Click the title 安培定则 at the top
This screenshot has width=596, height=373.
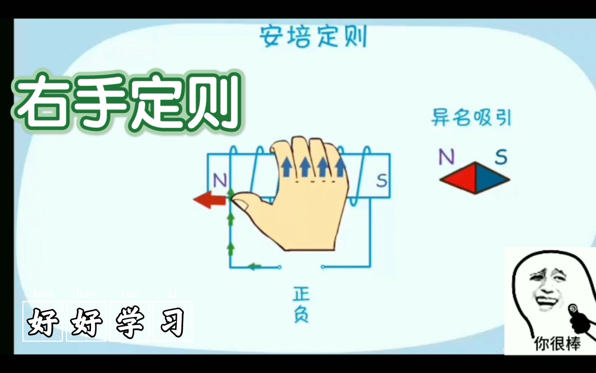click(x=313, y=36)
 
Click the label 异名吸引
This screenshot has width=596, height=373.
click(x=471, y=118)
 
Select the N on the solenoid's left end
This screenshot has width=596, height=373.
click(x=220, y=180)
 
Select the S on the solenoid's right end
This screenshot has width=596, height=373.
click(x=381, y=181)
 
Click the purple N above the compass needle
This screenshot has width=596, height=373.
click(x=446, y=157)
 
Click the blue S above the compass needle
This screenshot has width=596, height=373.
click(x=501, y=157)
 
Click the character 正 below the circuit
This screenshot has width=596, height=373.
click(x=301, y=294)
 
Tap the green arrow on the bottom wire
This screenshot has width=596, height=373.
click(x=255, y=267)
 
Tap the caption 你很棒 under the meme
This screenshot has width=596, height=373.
click(x=557, y=344)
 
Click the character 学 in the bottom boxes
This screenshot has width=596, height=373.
click(x=129, y=322)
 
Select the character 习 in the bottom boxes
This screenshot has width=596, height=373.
click(x=172, y=322)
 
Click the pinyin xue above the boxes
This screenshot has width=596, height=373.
click(x=129, y=294)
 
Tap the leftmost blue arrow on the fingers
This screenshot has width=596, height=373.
click(x=287, y=166)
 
